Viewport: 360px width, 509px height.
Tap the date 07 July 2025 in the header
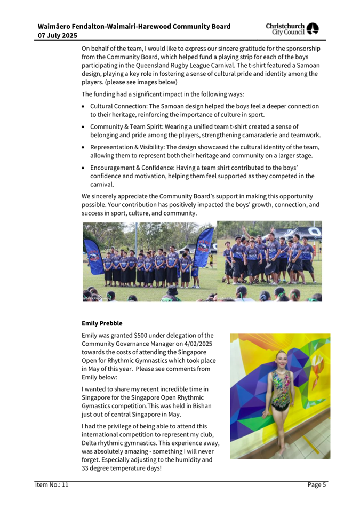58,35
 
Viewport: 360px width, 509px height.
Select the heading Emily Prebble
102,323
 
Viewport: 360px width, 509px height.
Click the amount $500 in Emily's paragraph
143,335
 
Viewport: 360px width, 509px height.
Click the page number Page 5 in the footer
317,484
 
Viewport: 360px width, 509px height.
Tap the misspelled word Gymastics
97,406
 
